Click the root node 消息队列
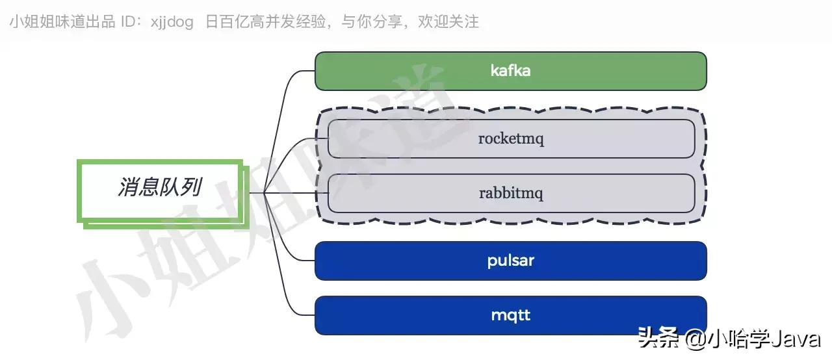tap(159, 188)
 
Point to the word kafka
tap(510, 71)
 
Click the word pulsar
tap(510, 261)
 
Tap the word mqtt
tap(510, 316)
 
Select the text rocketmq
tap(511, 139)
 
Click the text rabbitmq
tap(511, 194)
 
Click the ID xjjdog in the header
tap(172, 22)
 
